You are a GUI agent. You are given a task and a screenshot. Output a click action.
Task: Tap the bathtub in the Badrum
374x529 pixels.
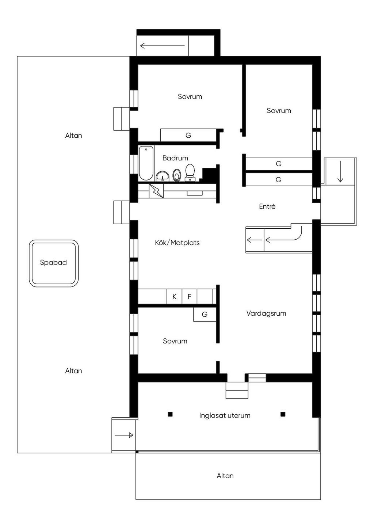coord(146,163)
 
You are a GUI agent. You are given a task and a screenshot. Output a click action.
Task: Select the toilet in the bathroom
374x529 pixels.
coord(190,173)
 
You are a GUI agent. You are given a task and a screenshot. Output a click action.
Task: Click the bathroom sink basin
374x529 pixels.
coord(163,176)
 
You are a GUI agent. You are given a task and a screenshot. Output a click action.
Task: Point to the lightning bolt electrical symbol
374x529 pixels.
coord(156,191)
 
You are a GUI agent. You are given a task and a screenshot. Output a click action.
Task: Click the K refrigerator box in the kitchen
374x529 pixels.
coord(175,297)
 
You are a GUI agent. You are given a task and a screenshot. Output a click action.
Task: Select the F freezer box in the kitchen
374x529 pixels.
coord(189,297)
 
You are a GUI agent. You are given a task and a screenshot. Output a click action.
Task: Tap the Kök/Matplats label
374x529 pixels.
coord(177,243)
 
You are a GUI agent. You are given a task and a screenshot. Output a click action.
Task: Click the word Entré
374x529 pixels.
coord(267,206)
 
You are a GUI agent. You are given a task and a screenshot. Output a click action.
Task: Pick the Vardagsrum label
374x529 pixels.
coord(266,313)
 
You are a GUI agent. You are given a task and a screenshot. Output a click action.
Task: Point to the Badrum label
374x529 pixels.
coord(175,158)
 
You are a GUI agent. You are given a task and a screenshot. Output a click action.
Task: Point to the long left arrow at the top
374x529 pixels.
coord(162,46)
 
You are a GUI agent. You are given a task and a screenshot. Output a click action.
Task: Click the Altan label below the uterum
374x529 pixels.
coord(225,476)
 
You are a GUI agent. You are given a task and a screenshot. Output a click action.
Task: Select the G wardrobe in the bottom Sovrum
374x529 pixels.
coord(205,314)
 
